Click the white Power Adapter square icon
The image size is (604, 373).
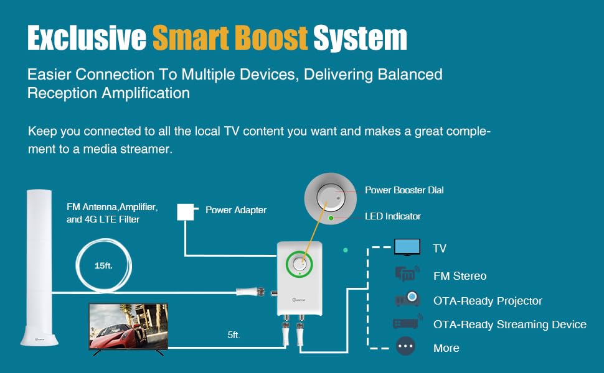coord(186,211)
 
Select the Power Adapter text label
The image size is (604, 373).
coord(236,210)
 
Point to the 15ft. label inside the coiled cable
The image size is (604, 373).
coord(103,265)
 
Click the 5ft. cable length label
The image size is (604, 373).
coord(234,335)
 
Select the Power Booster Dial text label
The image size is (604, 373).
coord(404,190)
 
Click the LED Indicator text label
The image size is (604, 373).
coord(392,216)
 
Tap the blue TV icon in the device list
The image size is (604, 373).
coord(407,247)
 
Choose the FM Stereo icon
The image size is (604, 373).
coord(407,274)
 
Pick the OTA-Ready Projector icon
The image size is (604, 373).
coord(407,300)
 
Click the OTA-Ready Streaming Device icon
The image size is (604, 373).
coord(407,323)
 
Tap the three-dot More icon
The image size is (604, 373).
coord(405,347)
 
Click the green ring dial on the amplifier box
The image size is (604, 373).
coord(300,264)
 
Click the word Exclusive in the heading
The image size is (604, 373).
coord(85,39)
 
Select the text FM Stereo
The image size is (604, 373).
coord(460,276)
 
